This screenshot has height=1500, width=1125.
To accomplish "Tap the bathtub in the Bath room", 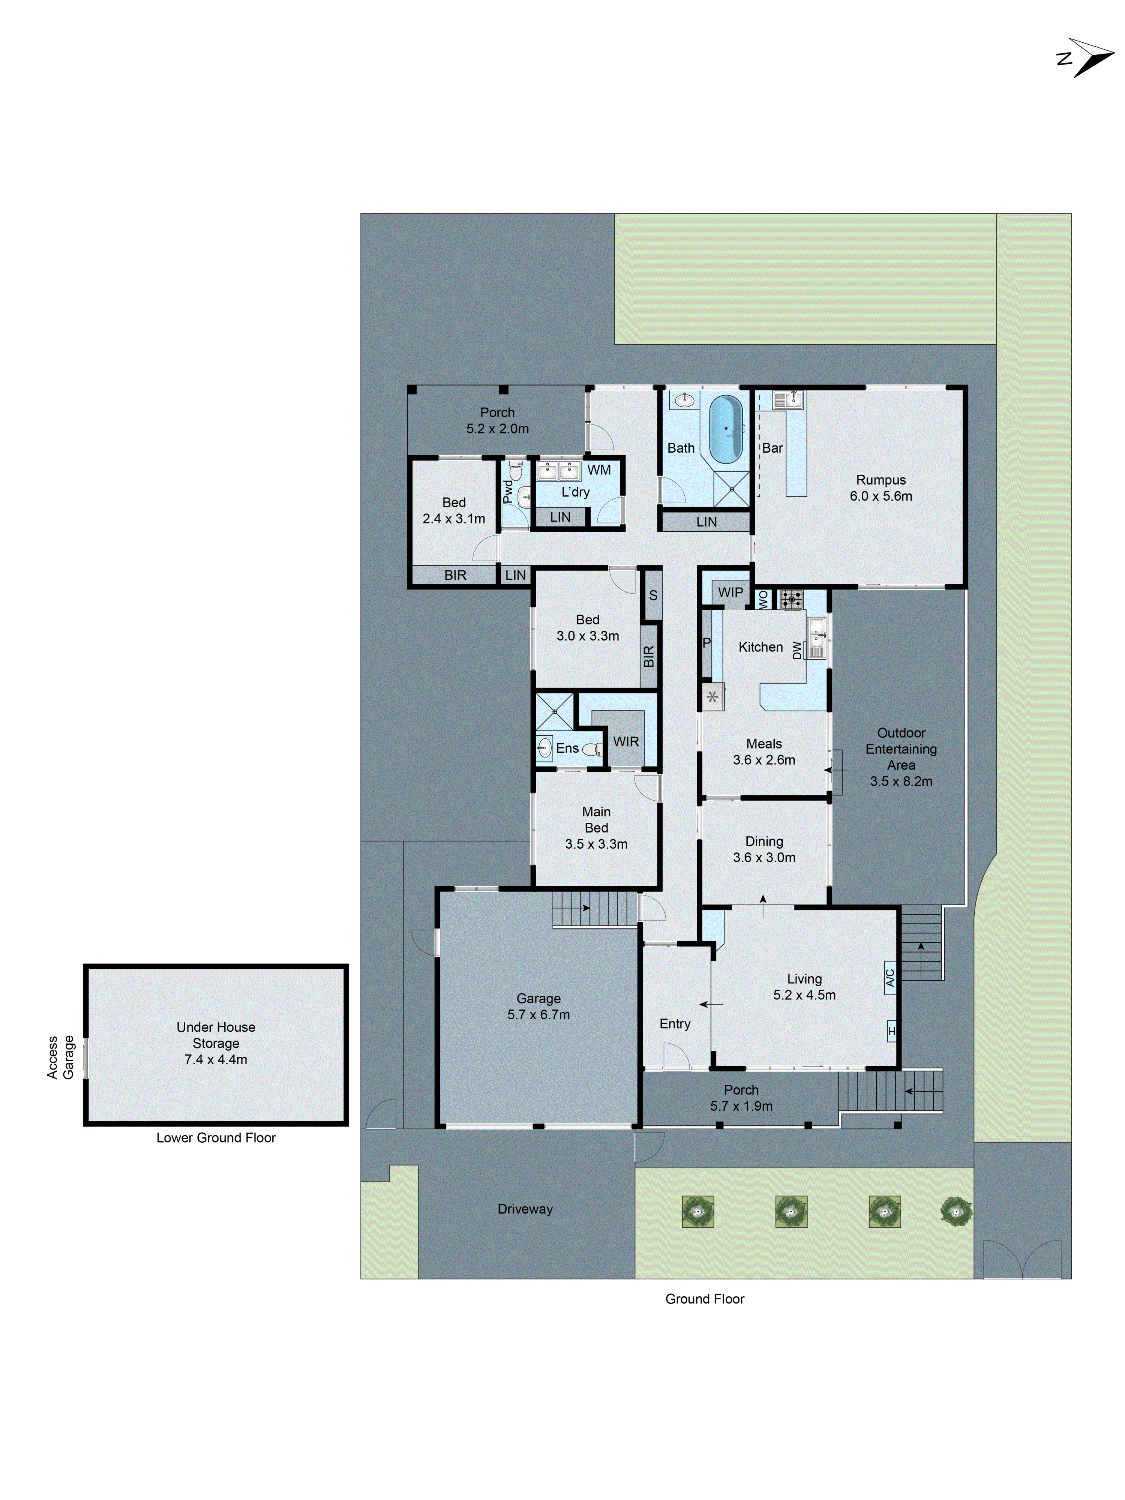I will point(726,429).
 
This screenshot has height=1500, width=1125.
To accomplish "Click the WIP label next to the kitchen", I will point(730,592).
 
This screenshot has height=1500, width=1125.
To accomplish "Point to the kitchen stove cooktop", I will point(790,600).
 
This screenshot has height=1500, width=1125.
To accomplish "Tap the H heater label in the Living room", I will point(891,1031).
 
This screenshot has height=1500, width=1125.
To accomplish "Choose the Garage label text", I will point(538,998).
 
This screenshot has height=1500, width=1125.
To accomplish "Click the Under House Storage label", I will point(216,1035).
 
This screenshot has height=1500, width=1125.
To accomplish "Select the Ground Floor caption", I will point(705,1299).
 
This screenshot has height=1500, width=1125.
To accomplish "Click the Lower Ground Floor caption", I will point(216,1138).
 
